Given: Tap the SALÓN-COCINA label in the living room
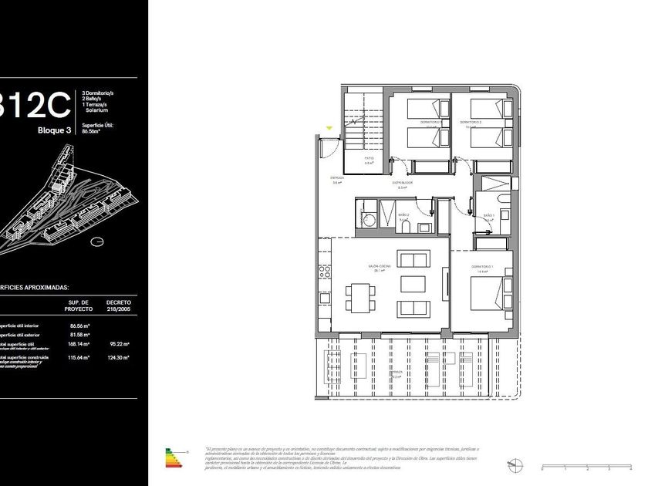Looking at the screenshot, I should point(379,268).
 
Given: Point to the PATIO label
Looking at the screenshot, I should point(370,160).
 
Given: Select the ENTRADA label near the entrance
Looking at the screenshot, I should point(337,180).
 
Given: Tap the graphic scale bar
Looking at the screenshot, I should point(586,467).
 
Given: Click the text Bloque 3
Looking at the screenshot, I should point(54,130).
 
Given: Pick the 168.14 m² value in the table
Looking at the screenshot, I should point(79,344).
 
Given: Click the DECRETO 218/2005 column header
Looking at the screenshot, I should point(118,305).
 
